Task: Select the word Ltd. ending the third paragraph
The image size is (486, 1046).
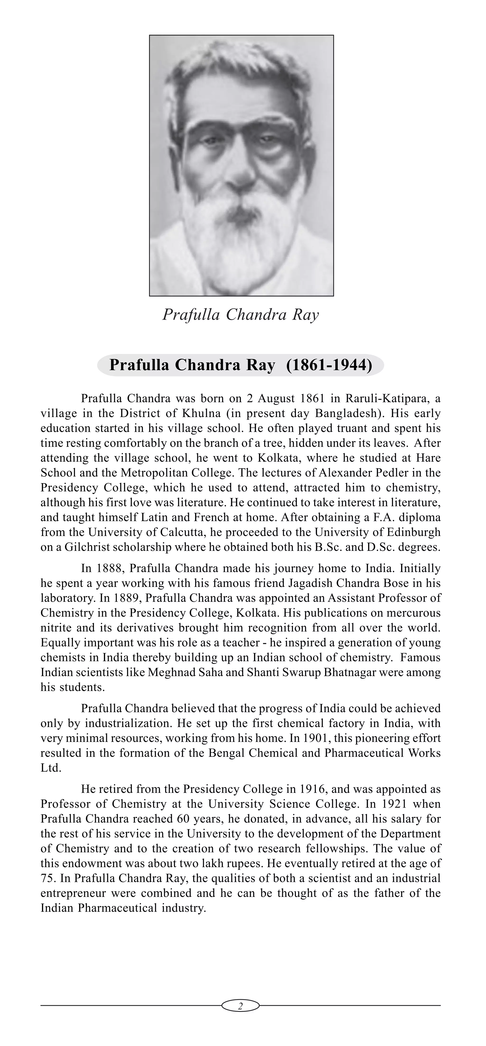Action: (x=51, y=768)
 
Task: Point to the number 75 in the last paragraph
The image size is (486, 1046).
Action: (x=47, y=878)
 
